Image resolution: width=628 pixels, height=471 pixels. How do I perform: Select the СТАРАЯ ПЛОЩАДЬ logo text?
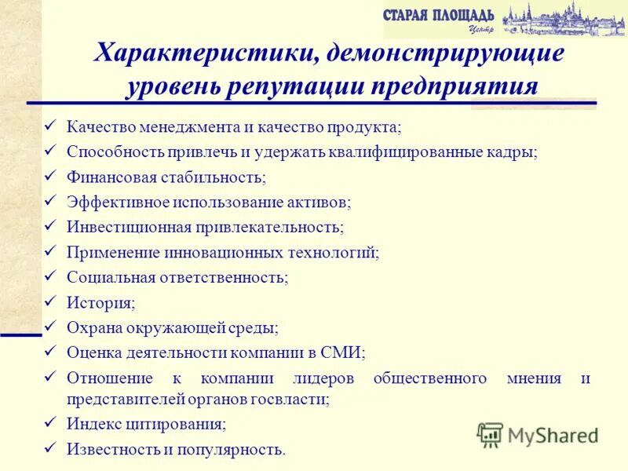tap(439, 15)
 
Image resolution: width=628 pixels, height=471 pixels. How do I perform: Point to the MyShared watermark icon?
tap(491, 434)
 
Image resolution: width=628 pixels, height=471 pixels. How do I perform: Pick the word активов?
tap(320, 202)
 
